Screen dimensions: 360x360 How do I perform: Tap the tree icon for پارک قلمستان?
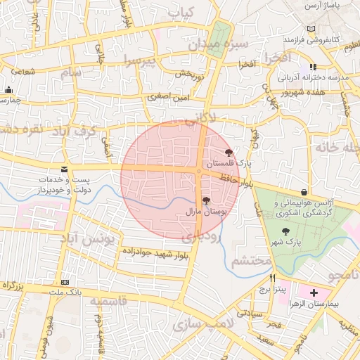pyautogui.click(x=229, y=153)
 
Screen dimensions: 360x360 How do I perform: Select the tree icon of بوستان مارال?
pyautogui.click(x=205, y=201)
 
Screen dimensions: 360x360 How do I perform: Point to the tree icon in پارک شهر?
pyautogui.click(x=285, y=231)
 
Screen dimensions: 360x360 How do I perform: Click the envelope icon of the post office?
pyautogui.click(x=65, y=169)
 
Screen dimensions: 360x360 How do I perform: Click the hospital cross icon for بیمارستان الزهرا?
pyautogui.click(x=313, y=292)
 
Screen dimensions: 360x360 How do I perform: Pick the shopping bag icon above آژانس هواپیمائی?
pyautogui.click(x=304, y=192)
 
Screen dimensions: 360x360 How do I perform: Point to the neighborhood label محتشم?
pyautogui.click(x=250, y=262)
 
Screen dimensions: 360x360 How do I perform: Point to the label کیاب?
pyautogui.click(x=180, y=13)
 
